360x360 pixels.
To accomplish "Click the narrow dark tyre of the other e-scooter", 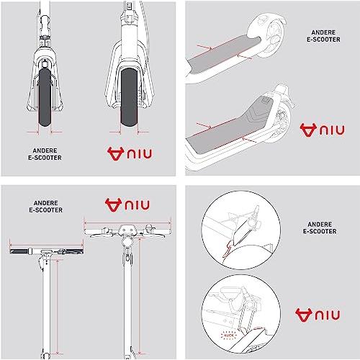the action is coord(45,97).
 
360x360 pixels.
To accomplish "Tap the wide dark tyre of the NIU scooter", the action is coord(130,97).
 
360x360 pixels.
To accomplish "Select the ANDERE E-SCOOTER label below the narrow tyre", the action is coord(45,154).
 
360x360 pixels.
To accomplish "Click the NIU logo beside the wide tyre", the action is coord(130,154).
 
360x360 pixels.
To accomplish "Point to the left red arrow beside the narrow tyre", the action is coord(33,132).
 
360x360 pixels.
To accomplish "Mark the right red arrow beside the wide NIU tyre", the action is coord(143,132).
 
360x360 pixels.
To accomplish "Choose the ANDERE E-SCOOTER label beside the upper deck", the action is coord(323,36).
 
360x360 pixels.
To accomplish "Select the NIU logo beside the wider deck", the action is coord(322,130).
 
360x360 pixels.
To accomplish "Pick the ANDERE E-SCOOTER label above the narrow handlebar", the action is coord(45,207).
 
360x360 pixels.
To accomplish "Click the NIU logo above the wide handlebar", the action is coord(127,205).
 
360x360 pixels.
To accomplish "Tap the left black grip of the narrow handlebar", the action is coord(20,251).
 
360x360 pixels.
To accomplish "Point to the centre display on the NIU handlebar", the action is coord(127,228).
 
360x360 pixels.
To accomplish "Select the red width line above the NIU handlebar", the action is coord(127,222).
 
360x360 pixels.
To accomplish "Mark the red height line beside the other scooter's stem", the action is coord(57,307).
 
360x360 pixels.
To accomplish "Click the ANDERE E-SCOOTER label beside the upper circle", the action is coord(320,228).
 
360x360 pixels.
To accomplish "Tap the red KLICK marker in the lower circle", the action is coord(229,335).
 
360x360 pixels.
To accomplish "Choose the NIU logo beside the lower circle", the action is coord(318,315).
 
